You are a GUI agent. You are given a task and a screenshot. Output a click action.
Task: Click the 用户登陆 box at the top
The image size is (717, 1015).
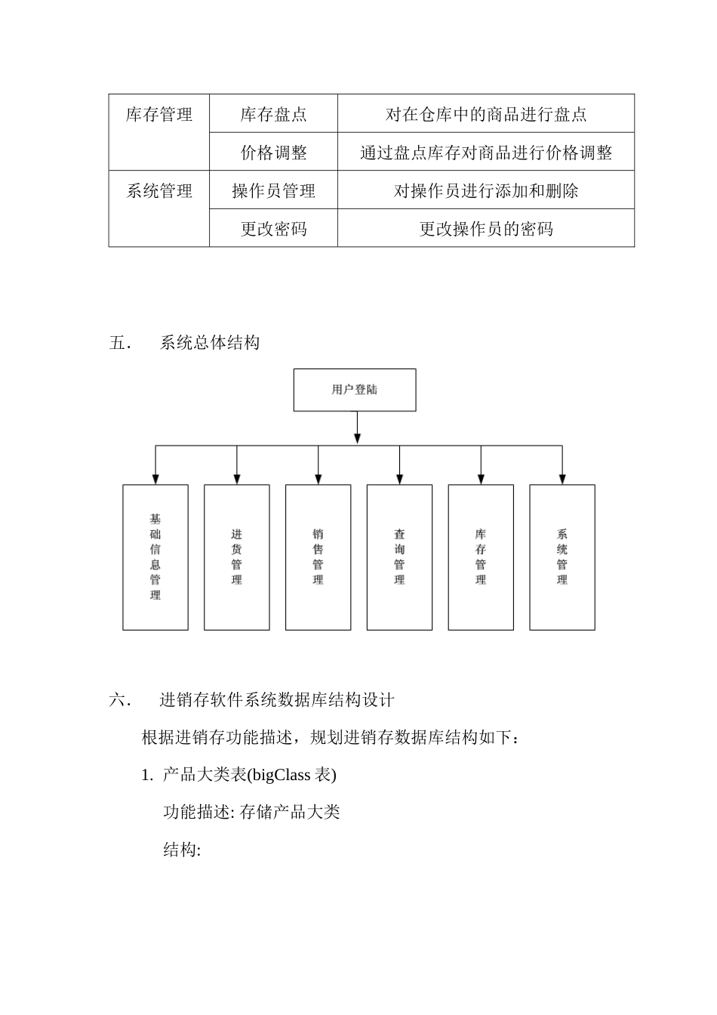pyautogui.click(x=354, y=390)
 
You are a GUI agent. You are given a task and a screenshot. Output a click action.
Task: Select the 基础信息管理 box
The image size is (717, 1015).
pyautogui.click(x=155, y=557)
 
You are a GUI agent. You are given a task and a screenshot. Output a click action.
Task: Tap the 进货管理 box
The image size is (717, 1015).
pyautogui.click(x=236, y=557)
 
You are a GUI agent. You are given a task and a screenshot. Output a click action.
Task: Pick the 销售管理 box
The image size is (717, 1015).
pyautogui.click(x=318, y=557)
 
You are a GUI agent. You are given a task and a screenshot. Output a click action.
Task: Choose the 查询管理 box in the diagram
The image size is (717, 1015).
pyautogui.click(x=399, y=557)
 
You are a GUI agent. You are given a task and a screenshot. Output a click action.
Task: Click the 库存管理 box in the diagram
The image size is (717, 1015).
pyautogui.click(x=481, y=557)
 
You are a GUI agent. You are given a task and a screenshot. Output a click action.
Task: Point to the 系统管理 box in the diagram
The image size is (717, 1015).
pyautogui.click(x=562, y=557)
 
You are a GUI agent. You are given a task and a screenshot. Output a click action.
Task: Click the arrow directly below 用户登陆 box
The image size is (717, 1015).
pyautogui.click(x=357, y=437)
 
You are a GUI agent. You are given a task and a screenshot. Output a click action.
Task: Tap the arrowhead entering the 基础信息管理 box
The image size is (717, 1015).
pyautogui.click(x=155, y=479)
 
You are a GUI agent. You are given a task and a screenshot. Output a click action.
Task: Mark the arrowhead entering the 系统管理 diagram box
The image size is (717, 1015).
pyautogui.click(x=562, y=479)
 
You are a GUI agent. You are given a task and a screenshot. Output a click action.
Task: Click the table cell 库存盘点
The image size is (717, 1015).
pyautogui.click(x=273, y=114)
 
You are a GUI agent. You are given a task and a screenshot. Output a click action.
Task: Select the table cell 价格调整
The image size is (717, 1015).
pyautogui.click(x=273, y=153)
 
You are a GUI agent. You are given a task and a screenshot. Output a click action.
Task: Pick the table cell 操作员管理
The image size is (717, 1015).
pyautogui.click(x=273, y=191)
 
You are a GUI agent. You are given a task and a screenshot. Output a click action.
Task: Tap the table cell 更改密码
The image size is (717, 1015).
pyautogui.click(x=273, y=229)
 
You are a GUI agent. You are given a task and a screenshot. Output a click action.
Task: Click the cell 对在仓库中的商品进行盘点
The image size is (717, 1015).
pyautogui.click(x=486, y=114)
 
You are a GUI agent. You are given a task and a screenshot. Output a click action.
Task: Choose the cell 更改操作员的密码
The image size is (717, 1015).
pyautogui.click(x=486, y=229)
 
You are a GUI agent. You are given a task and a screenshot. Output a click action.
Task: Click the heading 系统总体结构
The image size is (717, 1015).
pyautogui.click(x=210, y=343)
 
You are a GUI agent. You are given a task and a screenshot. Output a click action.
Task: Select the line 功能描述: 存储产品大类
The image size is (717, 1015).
pyautogui.click(x=251, y=812)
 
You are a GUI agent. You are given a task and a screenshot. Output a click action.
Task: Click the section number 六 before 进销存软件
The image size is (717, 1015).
pyautogui.click(x=118, y=700)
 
